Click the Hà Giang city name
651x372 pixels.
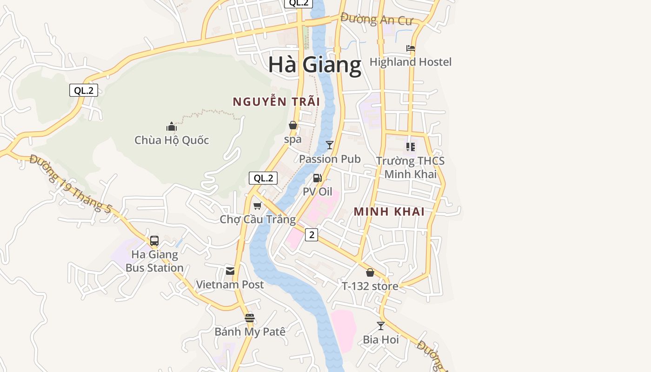[314, 65]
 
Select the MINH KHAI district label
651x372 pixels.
[389, 212]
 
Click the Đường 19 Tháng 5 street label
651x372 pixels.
[70, 184]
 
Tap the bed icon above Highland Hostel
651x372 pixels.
[410, 48]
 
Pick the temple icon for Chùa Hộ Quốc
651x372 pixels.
[172, 126]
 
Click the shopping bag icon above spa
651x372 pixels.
[293, 125]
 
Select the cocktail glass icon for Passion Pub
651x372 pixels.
[330, 145]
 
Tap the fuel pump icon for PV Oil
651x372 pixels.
[318, 178]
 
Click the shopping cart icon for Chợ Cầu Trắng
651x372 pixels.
[257, 206]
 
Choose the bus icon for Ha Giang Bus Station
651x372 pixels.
[154, 241]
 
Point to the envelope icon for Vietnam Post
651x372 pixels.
[230, 271]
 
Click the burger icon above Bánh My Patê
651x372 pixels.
[250, 318]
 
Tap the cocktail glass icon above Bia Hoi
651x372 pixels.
[381, 326]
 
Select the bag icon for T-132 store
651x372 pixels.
[370, 272]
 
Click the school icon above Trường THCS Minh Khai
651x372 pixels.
[411, 147]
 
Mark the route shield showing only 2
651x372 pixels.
[312, 235]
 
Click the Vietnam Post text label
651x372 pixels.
[230, 285]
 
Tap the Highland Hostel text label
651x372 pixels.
[410, 62]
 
